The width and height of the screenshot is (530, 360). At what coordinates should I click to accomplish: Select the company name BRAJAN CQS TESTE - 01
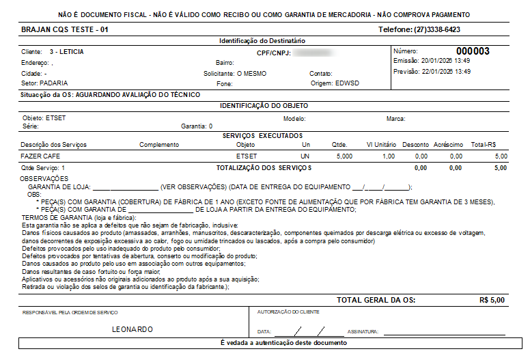point(65,30)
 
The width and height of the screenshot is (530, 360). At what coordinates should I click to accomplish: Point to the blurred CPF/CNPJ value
point(311,52)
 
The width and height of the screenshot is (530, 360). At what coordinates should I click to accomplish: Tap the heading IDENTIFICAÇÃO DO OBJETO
point(264,106)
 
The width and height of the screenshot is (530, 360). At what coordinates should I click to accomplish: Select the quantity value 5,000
point(345,156)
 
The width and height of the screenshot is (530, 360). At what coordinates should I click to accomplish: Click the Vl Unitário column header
point(381,145)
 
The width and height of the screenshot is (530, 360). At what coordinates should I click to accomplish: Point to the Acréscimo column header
point(448,145)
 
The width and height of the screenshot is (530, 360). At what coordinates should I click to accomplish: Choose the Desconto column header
point(415,145)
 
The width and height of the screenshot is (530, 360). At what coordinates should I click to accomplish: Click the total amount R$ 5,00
point(492,300)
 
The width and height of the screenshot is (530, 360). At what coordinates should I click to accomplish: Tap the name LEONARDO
point(132,329)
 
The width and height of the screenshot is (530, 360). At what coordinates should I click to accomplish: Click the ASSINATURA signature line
point(444,331)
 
